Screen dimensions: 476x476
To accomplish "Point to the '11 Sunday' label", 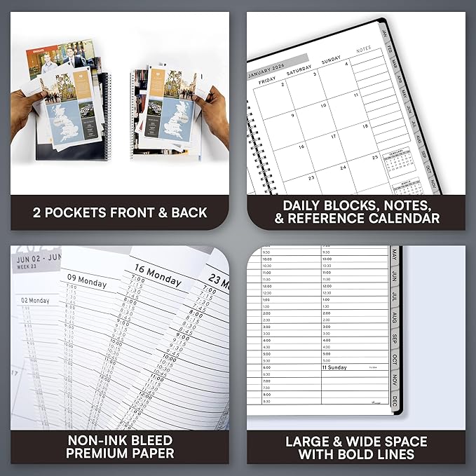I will click(x=335, y=367).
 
